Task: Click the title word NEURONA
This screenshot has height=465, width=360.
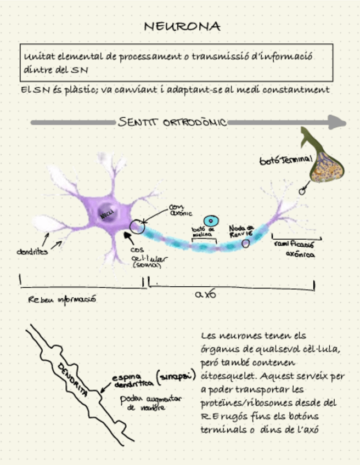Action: [x=182, y=26]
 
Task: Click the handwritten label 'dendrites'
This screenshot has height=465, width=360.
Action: [x=32, y=252]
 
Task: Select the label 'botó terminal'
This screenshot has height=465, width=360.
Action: [x=286, y=160]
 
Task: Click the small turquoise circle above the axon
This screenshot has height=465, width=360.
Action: [x=211, y=220]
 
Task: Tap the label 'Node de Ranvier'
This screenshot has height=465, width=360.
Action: [x=241, y=230]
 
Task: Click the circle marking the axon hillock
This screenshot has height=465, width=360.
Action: [x=137, y=226]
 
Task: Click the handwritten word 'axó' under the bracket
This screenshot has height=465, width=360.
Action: [x=206, y=294]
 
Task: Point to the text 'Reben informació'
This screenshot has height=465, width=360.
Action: [x=62, y=299]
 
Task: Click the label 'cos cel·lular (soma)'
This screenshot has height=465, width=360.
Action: [x=144, y=257]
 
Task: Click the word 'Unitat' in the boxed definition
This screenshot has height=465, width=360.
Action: [x=37, y=56]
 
